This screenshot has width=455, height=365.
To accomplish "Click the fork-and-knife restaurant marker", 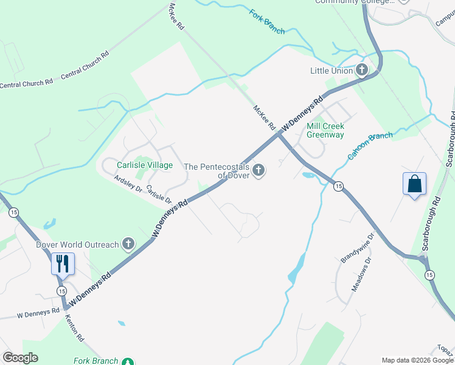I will (63, 264).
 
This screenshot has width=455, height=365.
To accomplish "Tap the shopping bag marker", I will (414, 184).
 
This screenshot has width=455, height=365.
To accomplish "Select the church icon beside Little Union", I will (362, 71).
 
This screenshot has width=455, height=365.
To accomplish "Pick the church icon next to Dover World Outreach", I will (128, 245).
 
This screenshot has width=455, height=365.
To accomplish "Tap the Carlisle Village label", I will (145, 165).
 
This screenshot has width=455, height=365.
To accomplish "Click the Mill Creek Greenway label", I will (325, 130).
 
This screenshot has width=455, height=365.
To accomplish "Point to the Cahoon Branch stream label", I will (370, 146).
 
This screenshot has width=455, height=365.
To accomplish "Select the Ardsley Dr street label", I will (128, 184).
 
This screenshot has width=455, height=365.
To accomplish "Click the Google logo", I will (20, 357).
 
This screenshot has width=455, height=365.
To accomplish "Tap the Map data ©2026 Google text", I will (417, 360).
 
